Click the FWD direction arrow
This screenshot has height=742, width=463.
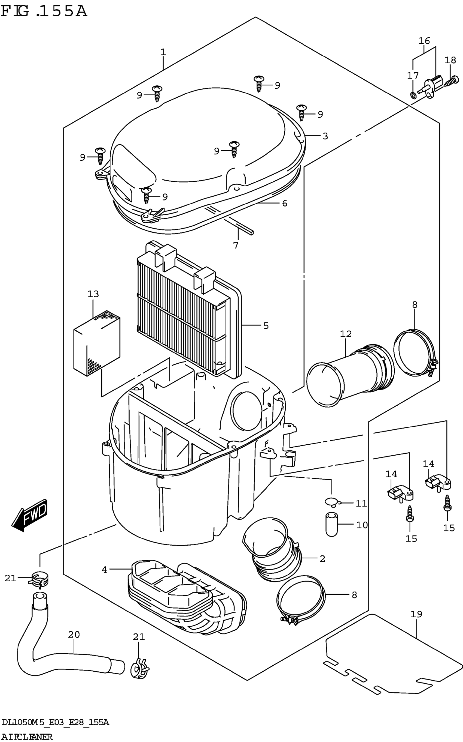(x=30, y=515)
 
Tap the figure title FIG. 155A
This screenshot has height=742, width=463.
(x=44, y=12)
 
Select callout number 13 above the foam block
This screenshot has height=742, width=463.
(x=93, y=294)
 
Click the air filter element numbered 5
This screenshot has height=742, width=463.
(x=184, y=310)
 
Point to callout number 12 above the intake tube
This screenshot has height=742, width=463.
(x=346, y=334)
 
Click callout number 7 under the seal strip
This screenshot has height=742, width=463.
(x=236, y=245)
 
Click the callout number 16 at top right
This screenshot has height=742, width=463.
(x=424, y=40)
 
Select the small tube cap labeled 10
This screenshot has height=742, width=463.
(x=331, y=524)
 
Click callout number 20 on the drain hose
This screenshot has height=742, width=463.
(x=74, y=634)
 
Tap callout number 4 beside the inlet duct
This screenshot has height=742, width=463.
(x=104, y=570)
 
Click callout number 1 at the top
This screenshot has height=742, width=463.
(x=163, y=52)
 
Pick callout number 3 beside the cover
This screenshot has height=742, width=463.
(x=325, y=136)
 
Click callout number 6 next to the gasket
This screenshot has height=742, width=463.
(x=285, y=203)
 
